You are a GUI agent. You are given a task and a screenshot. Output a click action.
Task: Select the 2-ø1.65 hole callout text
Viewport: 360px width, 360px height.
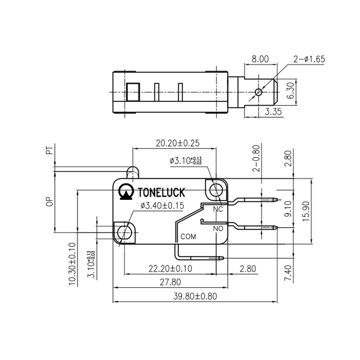click(309, 59)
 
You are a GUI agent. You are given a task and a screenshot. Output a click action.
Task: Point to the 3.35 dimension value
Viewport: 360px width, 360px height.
click(273, 112)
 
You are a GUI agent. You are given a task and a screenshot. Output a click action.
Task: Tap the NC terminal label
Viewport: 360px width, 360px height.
click(218, 210)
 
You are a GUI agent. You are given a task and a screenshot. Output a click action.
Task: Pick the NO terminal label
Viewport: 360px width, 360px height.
click(218, 228)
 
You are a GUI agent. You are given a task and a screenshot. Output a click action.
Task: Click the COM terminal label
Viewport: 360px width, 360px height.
click(188, 236)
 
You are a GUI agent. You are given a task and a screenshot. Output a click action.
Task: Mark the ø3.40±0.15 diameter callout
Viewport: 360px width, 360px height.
click(162, 206)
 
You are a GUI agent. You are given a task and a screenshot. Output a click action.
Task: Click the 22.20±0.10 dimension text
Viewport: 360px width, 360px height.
click(170, 269)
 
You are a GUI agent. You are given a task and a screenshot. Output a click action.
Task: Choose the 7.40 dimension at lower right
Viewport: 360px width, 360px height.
click(288, 273)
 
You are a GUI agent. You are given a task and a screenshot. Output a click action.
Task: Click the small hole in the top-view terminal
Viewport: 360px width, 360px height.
click(258, 92)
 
